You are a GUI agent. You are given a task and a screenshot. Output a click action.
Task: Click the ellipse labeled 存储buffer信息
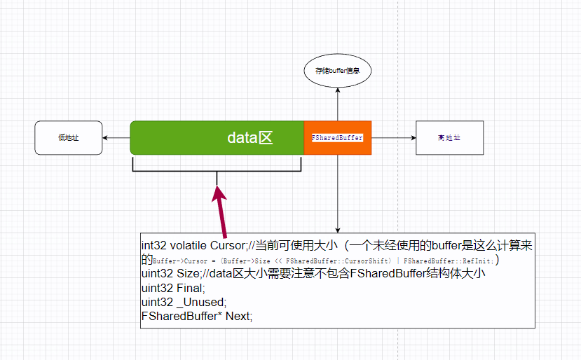338,71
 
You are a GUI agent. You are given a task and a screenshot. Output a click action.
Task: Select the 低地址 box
69,138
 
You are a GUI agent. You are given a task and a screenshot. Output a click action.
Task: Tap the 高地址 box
449,138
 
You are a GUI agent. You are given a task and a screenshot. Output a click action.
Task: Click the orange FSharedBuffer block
337,138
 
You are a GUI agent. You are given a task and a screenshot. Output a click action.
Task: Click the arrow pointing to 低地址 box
116,138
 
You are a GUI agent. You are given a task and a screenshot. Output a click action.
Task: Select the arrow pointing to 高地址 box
393,138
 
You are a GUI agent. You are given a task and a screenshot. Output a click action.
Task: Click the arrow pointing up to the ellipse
338,105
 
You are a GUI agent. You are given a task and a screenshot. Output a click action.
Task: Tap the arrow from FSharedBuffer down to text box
338,196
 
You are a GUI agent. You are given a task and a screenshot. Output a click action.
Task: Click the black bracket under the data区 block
217,170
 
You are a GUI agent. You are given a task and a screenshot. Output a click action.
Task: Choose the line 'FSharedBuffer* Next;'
196,316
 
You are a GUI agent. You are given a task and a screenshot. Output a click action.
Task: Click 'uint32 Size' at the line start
168,274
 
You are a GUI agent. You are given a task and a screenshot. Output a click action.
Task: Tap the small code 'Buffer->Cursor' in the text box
176,261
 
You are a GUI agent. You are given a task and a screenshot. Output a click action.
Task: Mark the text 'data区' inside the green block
250,138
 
